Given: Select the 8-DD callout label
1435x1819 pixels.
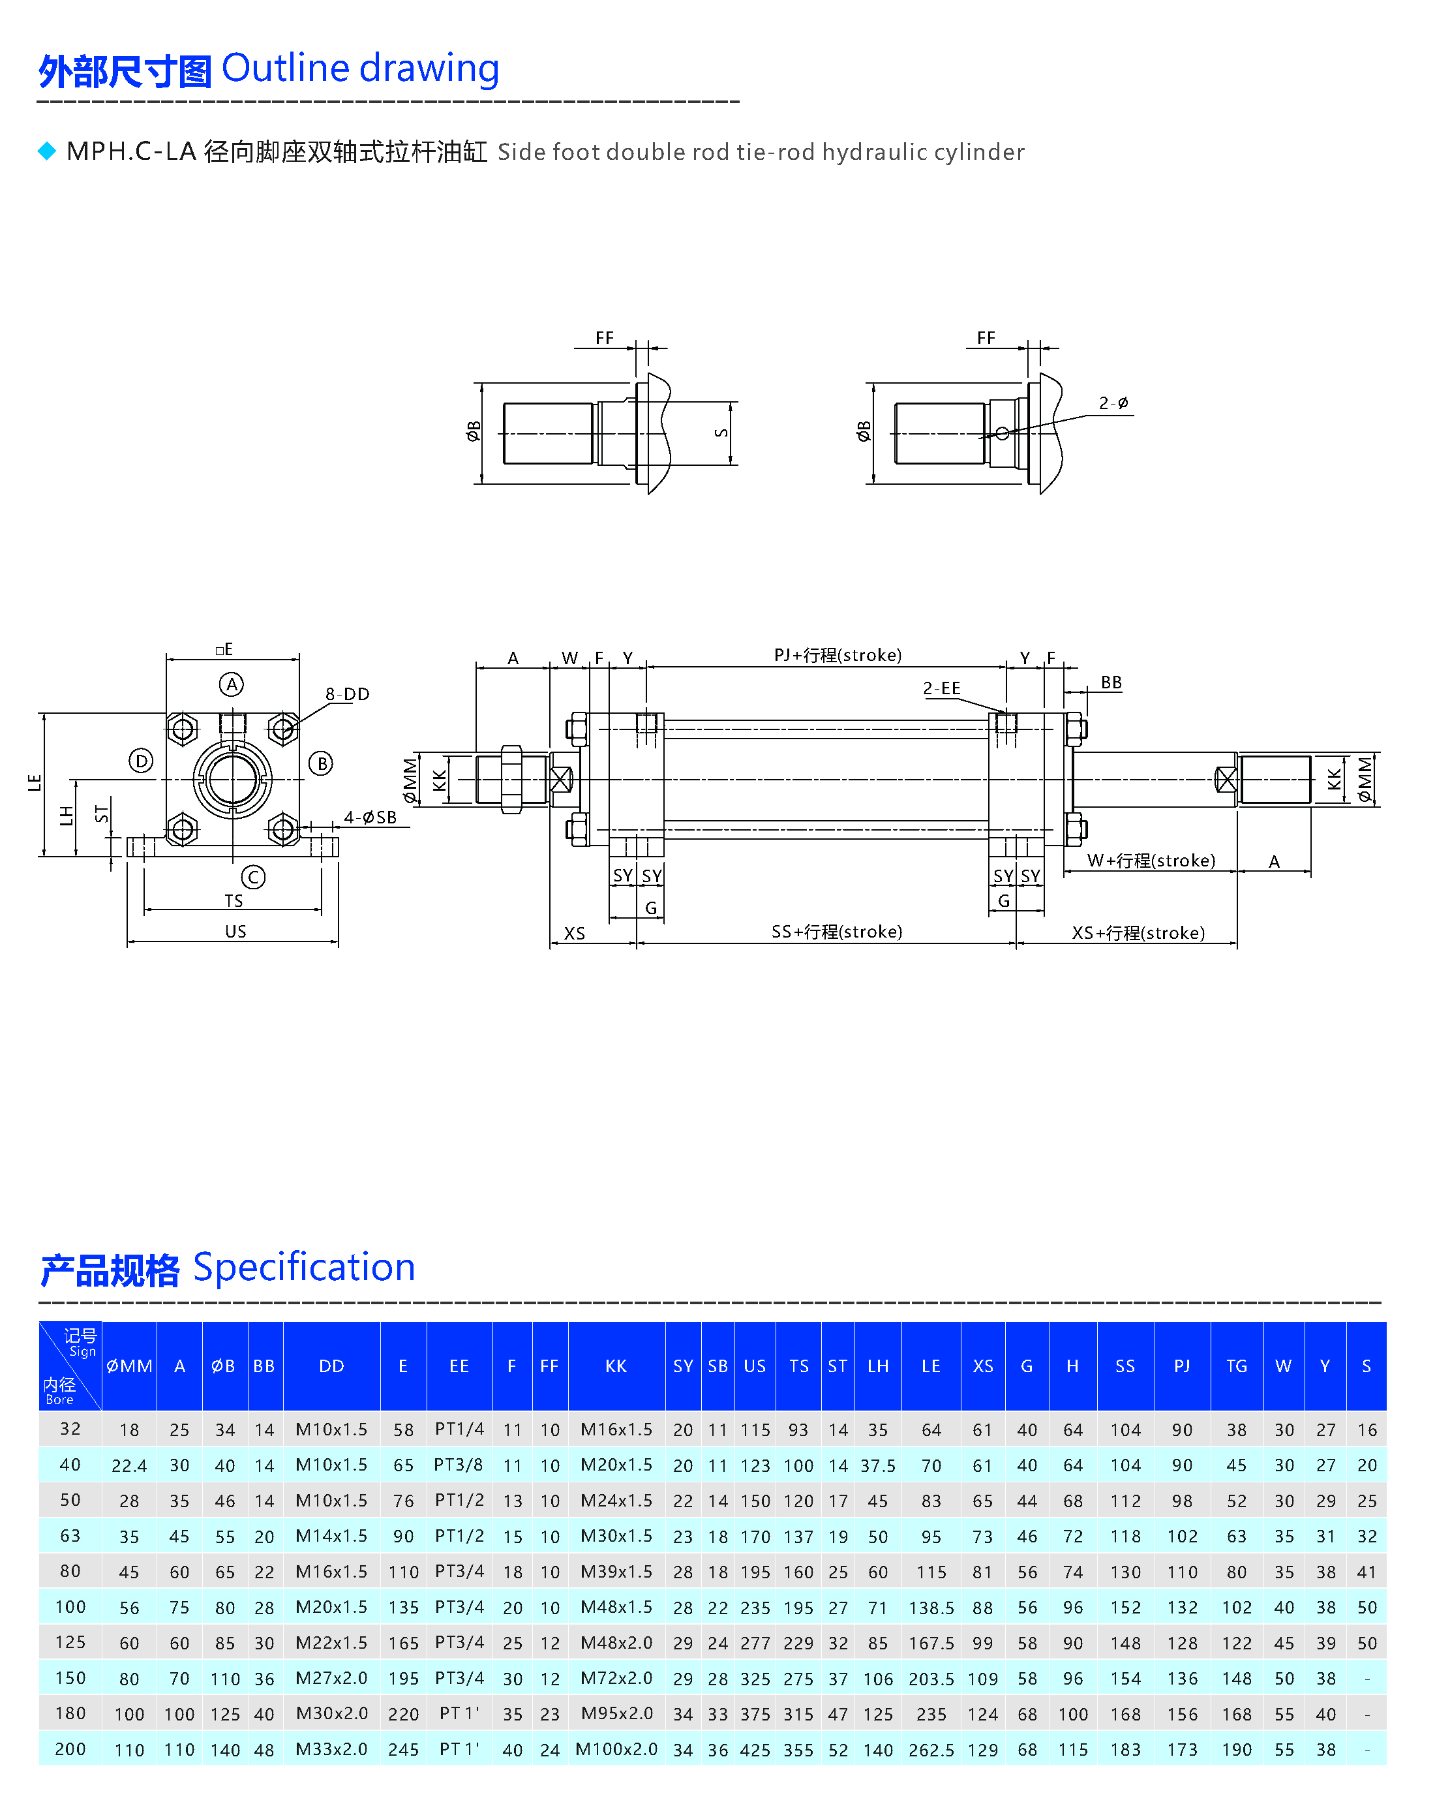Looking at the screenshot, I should click(x=348, y=694).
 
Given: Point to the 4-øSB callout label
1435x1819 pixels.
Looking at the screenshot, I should click(x=370, y=818).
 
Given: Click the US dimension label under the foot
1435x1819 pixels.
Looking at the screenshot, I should click(x=235, y=931).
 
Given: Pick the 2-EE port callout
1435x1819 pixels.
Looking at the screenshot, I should click(x=941, y=688).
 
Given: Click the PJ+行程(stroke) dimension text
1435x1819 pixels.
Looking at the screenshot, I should click(x=837, y=654).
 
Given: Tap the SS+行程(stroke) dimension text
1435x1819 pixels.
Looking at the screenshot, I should click(x=837, y=931).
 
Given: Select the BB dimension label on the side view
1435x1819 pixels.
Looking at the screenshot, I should click(x=1111, y=682).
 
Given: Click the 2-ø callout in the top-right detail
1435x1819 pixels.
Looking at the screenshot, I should click(x=1113, y=403).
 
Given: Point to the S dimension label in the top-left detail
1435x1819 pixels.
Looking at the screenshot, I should click(x=721, y=433).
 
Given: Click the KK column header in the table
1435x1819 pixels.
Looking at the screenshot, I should click(x=616, y=1366).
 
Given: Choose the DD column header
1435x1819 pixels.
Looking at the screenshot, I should click(x=332, y=1366).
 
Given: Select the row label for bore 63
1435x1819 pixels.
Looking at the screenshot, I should click(x=70, y=1536).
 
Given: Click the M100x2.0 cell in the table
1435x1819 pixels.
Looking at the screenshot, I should click(x=616, y=1749).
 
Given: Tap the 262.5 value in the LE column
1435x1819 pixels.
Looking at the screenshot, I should click(x=931, y=1750).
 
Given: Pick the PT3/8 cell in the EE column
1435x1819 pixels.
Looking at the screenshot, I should click(x=459, y=1465).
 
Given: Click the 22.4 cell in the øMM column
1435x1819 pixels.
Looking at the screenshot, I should click(x=129, y=1465).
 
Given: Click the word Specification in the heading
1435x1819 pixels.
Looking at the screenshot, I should click(x=304, y=1267).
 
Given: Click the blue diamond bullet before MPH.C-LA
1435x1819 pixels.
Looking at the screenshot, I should click(x=47, y=151).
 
